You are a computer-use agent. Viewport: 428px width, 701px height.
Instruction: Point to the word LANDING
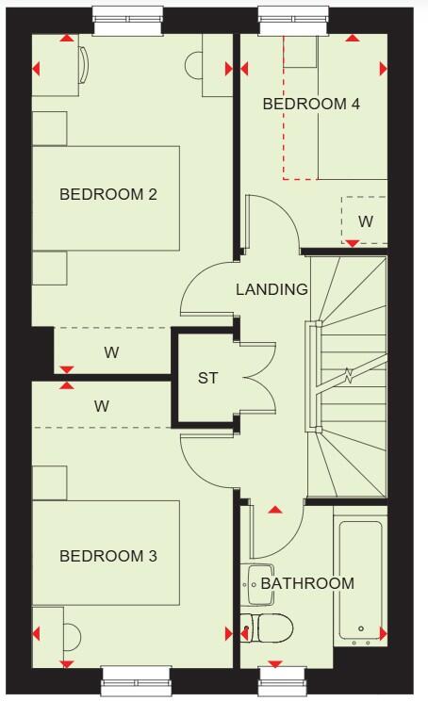pos(272,289)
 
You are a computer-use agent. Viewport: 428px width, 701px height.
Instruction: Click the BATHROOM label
pos(307,583)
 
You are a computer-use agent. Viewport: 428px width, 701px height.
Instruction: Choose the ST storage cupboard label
pos(207,379)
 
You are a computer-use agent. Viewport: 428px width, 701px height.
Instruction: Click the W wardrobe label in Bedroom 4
pos(365,222)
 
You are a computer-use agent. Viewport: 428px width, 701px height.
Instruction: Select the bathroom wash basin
pos(256,584)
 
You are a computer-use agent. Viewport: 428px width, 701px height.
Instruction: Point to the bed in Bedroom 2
pos(106,198)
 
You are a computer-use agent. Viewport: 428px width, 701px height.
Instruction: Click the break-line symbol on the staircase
pos(348,378)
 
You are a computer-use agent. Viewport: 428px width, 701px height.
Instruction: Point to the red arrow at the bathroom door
pos(274,510)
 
